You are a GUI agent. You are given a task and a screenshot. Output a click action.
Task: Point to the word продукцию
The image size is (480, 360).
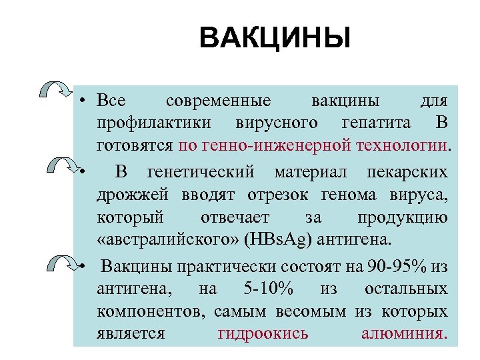tap(402, 217)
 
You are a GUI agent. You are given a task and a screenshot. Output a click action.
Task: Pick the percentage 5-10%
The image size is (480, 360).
tap(262, 289)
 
